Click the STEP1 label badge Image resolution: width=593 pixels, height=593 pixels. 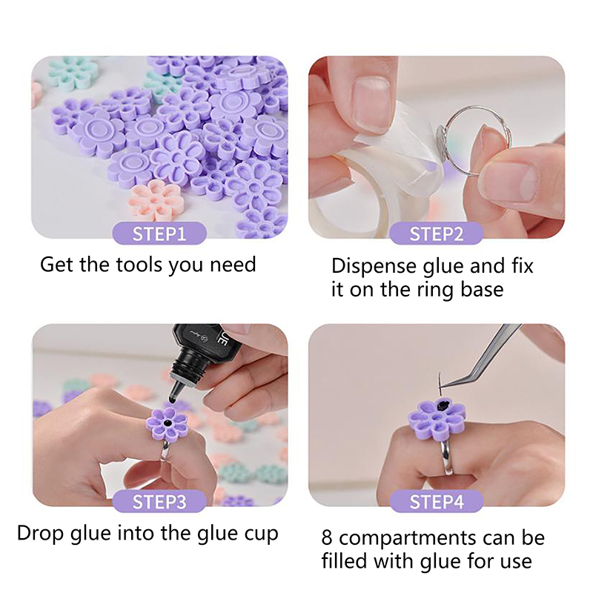point(159,233)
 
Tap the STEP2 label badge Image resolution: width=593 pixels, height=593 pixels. point(437,233)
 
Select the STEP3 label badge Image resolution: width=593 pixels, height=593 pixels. point(159,502)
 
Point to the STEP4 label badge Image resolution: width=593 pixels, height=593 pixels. point(437,502)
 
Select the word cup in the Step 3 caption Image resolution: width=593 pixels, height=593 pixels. point(262,534)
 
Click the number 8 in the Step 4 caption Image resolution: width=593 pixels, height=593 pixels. point(327,538)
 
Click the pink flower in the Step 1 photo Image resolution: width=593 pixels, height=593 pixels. point(156,201)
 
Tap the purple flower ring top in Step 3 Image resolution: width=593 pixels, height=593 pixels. point(168,424)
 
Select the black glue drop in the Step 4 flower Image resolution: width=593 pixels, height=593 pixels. point(443,406)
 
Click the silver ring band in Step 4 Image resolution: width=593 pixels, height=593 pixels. point(446,457)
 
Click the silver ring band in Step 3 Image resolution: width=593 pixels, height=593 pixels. point(165,450)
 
